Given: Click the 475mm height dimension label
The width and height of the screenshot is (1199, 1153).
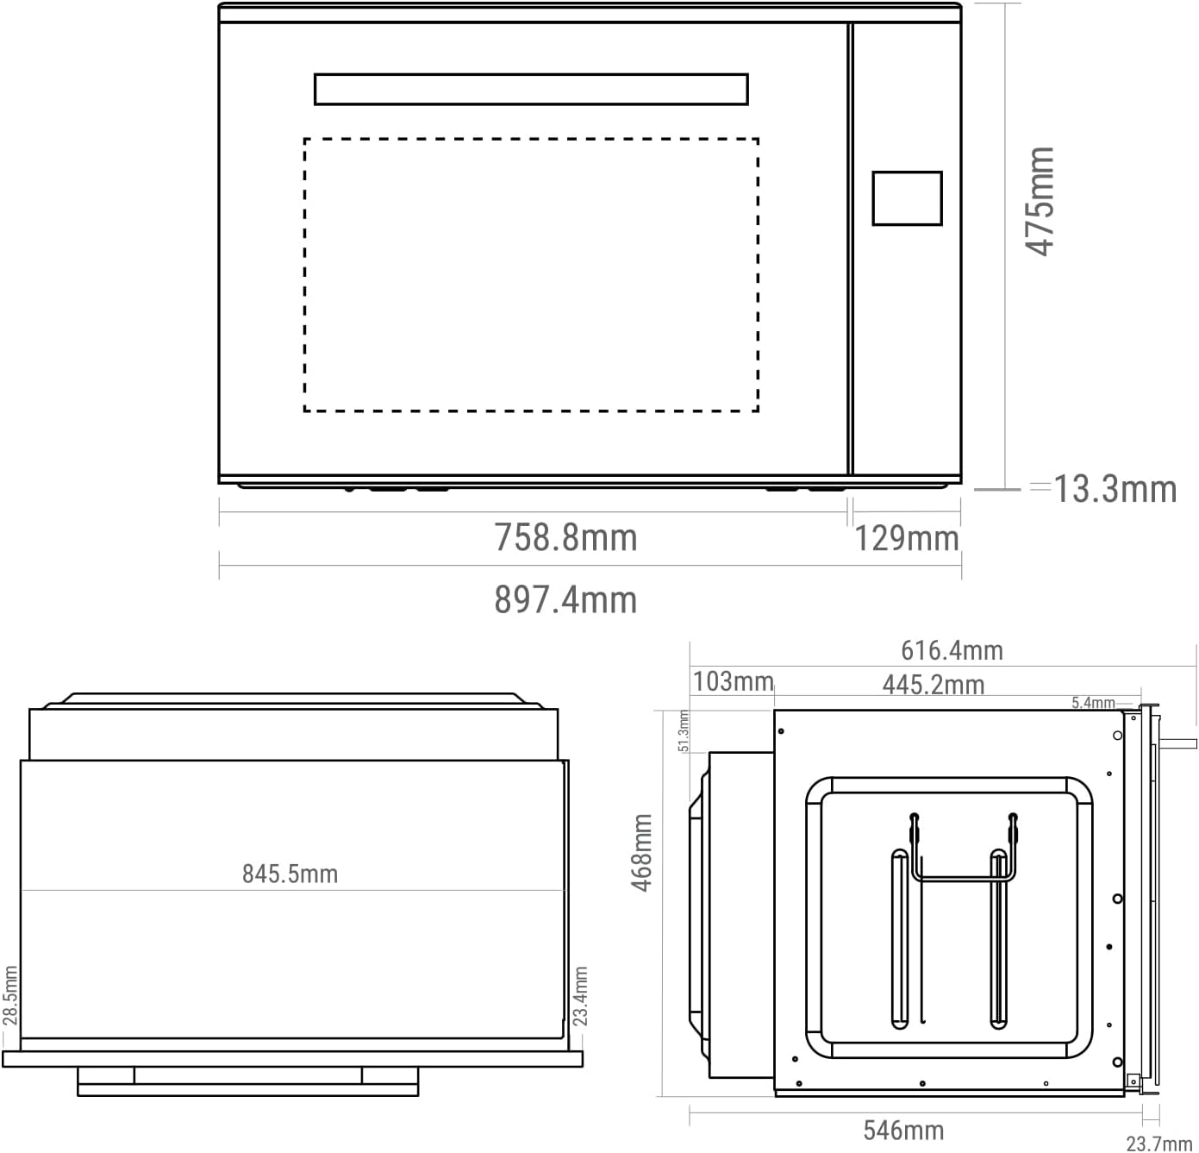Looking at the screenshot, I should (1040, 202).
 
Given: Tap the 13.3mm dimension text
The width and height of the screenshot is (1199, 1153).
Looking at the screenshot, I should (1115, 489).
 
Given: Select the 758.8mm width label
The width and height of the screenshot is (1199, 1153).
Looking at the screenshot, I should (565, 538).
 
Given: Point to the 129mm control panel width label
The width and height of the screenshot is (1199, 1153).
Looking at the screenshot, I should (907, 539).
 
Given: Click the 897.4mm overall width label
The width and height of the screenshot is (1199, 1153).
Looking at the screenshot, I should (565, 599).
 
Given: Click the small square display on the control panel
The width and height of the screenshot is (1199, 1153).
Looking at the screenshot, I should (907, 198).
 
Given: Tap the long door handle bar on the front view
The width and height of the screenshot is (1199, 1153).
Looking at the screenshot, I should (531, 90).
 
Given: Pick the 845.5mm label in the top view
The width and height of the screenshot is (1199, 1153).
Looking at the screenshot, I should (290, 874).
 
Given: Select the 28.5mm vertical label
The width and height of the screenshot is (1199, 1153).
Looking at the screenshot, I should (9, 995).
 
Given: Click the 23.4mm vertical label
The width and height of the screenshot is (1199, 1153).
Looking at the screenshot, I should (580, 995).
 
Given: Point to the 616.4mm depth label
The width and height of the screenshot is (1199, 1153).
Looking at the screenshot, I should (952, 650).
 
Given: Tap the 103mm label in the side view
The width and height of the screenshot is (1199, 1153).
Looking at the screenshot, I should (733, 682).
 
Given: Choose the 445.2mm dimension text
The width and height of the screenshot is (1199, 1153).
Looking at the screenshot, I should (933, 686).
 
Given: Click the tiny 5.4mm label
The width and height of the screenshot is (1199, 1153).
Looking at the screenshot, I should (1092, 703).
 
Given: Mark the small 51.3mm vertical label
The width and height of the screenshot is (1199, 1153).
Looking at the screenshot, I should (684, 730).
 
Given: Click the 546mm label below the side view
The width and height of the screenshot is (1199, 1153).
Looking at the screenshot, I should (903, 1130).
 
